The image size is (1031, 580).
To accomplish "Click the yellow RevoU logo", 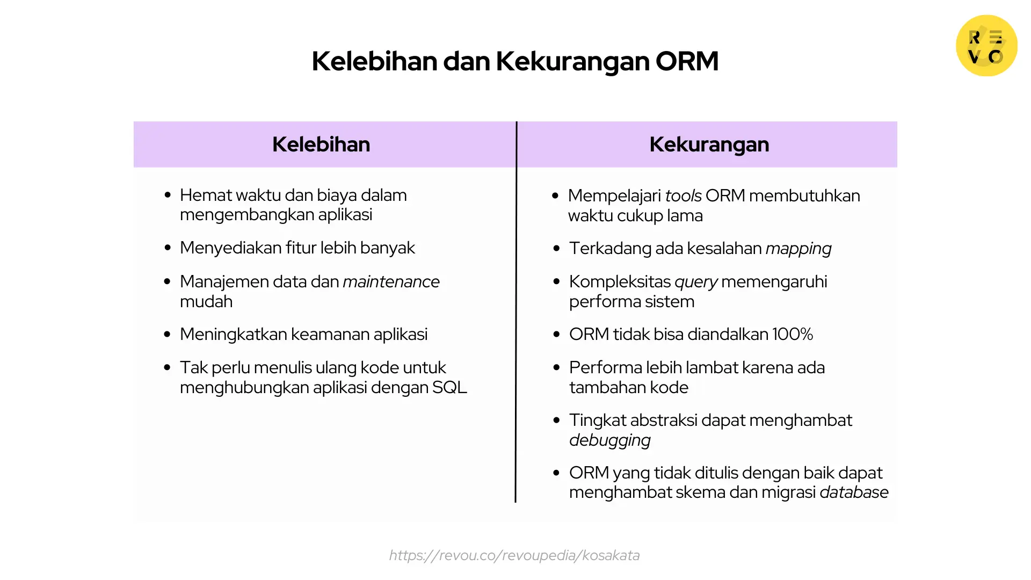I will (986, 46).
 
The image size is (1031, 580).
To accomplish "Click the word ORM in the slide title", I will (687, 61).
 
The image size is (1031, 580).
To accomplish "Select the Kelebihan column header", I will (321, 144).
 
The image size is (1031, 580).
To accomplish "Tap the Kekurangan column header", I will (709, 144).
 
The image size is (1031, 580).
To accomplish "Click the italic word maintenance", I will (391, 281).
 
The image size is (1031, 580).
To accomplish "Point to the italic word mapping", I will (798, 249).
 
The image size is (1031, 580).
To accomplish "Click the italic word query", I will (696, 282).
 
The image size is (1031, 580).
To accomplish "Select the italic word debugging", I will (609, 440).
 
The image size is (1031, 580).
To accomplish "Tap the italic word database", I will (854, 492).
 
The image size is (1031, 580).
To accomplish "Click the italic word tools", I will (683, 196).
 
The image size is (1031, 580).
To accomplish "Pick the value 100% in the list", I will (793, 335).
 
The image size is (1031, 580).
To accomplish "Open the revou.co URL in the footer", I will (514, 555).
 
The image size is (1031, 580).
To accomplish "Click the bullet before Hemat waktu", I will (168, 195).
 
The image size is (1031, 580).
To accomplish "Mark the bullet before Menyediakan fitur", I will (168, 248).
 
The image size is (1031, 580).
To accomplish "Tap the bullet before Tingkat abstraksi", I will (556, 421).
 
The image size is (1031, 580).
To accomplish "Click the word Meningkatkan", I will (234, 335).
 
